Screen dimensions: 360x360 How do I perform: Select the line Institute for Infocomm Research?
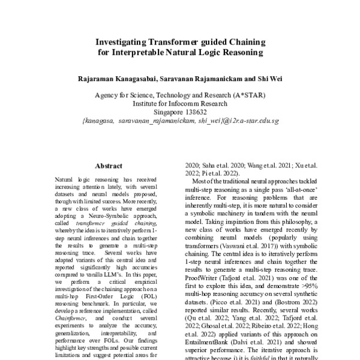pyautogui.click(x=180, y=103)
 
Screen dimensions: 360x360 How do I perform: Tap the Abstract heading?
pyautogui.click(x=109, y=166)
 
